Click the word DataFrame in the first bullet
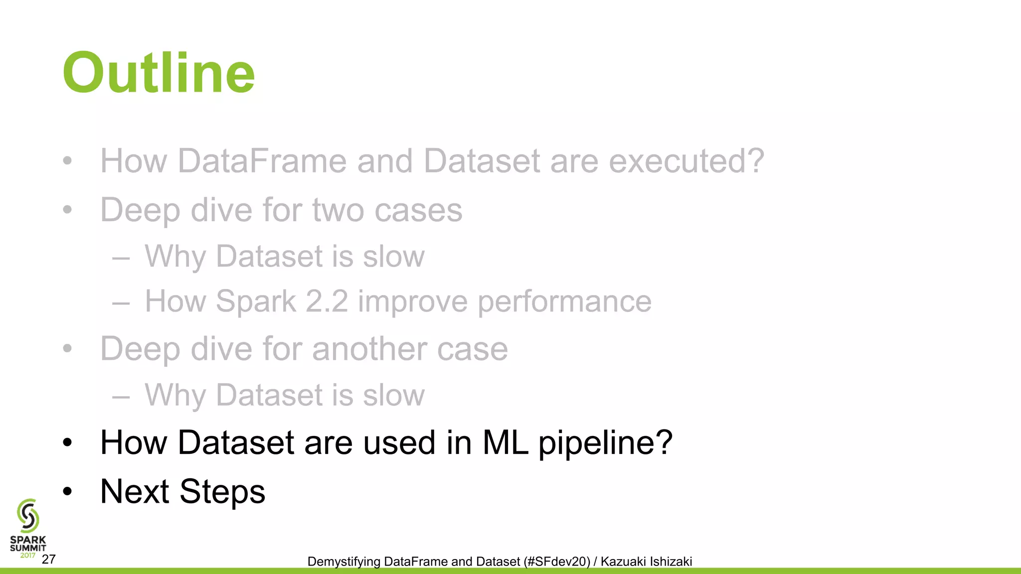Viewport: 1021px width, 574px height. coord(262,161)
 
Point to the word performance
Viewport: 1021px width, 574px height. coord(564,302)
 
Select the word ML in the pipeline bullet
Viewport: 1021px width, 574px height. coord(505,442)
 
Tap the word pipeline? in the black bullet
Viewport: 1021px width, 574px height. coord(606,443)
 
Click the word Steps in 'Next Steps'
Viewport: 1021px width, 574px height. coord(222,492)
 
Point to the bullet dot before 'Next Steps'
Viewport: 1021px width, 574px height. coord(68,492)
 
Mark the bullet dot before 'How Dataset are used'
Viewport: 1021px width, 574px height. coord(68,442)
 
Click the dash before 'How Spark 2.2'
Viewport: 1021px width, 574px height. coord(121,302)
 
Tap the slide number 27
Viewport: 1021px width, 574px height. coord(48,559)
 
